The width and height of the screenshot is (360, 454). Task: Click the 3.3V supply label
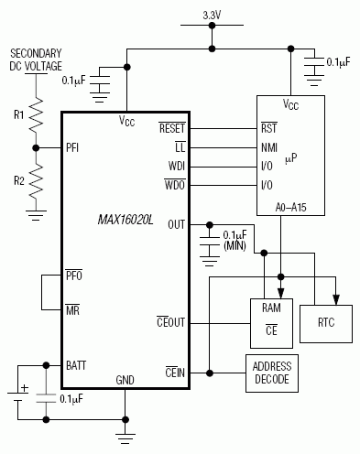click(x=212, y=16)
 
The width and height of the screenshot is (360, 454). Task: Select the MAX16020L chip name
click(x=126, y=220)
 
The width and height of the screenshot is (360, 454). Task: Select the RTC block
click(x=326, y=322)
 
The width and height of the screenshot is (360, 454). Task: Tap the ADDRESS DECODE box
click(x=271, y=373)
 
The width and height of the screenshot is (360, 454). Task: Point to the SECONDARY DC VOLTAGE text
click(x=36, y=60)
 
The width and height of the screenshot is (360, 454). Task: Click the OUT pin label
click(x=178, y=223)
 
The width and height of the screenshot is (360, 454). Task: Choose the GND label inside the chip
click(x=125, y=378)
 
